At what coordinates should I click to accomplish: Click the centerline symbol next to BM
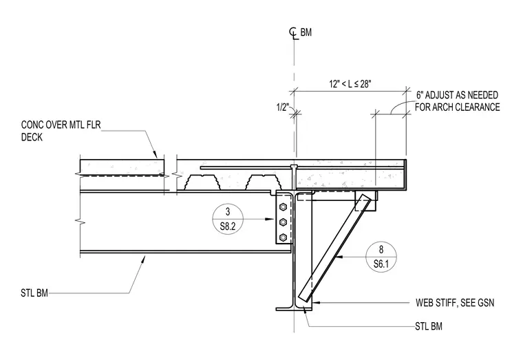pyautogui.click(x=293, y=33)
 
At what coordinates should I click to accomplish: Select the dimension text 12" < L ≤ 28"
pyautogui.click(x=350, y=84)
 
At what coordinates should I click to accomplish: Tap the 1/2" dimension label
pyautogui.click(x=282, y=107)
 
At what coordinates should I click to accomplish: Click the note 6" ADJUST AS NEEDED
pyautogui.click(x=457, y=96)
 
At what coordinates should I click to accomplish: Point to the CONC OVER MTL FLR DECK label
pyautogui.click(x=61, y=131)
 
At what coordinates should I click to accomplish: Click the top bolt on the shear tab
pyautogui.click(x=283, y=207)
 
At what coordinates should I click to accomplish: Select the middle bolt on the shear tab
pyautogui.click(x=283, y=222)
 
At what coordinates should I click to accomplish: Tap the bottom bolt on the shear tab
pyautogui.click(x=283, y=237)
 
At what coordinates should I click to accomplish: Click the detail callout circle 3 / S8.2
pyautogui.click(x=228, y=219)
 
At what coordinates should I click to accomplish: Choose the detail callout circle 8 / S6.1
pyautogui.click(x=381, y=257)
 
